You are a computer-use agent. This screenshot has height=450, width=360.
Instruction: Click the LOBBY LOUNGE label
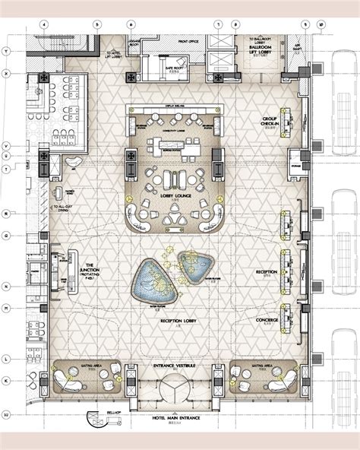[x=175, y=195]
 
